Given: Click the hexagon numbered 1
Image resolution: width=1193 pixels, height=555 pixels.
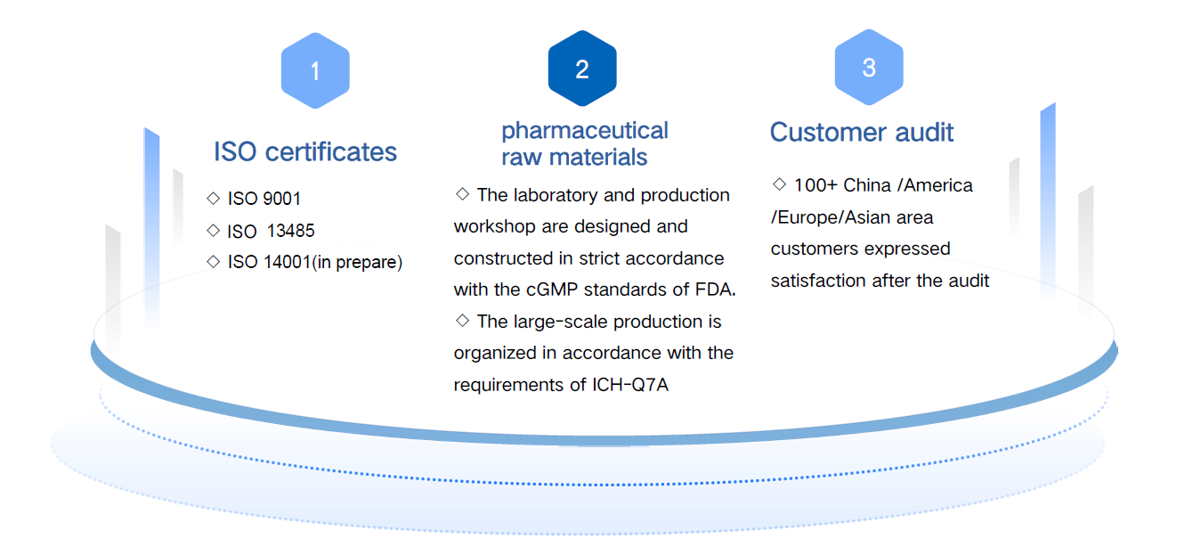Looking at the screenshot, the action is point(315,70).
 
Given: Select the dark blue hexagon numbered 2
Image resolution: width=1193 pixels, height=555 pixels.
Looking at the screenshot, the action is point(582,69).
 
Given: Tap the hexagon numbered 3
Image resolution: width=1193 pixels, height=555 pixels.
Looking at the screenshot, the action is point(869,67).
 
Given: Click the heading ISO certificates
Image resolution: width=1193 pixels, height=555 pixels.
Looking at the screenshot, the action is point(305,152).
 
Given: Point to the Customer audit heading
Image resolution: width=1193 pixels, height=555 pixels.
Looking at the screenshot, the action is point(861,132).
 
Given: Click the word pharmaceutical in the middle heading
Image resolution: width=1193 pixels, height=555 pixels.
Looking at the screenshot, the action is point(584,131).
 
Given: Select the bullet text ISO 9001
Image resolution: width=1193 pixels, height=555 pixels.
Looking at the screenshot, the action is point(264,199).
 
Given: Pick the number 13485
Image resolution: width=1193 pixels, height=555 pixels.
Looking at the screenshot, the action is point(291,231).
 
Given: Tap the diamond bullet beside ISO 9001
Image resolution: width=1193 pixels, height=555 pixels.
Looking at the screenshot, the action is point(213,199).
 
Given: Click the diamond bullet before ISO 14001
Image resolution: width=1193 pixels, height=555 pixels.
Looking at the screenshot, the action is point(213,262).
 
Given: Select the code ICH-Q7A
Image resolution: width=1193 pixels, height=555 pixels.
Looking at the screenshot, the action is point(630,385).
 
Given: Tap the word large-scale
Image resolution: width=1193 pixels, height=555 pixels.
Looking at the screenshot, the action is point(561,322).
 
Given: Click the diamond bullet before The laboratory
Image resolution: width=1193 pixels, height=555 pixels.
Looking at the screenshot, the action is point(462,194).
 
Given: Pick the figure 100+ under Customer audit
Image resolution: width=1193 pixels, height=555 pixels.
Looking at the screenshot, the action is point(816,185).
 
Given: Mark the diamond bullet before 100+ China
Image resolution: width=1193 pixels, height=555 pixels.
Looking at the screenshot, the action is point(779,184).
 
